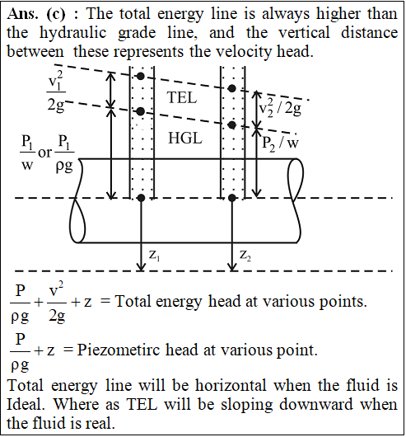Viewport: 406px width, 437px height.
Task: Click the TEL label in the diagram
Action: pos(182,98)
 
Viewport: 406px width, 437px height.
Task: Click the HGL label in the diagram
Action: pos(185,138)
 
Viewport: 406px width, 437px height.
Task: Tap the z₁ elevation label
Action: pos(155,256)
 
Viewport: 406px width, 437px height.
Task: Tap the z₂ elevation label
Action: pos(245,256)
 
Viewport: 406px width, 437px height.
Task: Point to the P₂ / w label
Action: pos(280,143)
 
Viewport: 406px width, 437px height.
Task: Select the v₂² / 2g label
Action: pos(280,107)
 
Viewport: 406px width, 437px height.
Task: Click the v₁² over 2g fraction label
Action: pos(56,92)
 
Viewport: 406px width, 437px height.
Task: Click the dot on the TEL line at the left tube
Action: pos(141,76)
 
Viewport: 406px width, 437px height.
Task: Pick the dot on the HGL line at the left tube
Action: pos(141,111)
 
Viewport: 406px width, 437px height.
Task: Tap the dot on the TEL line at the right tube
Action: pos(232,88)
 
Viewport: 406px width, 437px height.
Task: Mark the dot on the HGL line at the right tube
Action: pos(232,125)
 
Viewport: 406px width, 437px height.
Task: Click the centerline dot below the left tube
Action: pos(142,198)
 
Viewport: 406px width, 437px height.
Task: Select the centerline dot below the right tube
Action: pos(232,198)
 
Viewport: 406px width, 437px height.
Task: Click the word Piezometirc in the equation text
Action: pos(119,350)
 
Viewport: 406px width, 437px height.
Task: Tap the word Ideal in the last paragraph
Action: pos(26,404)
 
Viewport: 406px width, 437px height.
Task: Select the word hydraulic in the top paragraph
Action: pos(73,33)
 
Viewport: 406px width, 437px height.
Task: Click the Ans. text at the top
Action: pos(22,14)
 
